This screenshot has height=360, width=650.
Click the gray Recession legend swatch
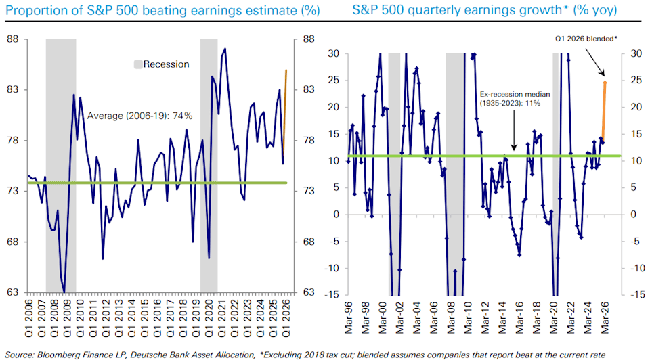pos(138,64)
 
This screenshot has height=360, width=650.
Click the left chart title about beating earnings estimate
pos(162,10)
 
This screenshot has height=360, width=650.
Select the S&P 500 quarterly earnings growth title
pos(485,10)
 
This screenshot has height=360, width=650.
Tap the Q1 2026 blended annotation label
pos(586,39)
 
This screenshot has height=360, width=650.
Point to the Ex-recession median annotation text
pos(515,99)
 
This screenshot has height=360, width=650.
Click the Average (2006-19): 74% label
pos(139,116)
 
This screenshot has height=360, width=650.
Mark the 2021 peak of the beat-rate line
pos(225,49)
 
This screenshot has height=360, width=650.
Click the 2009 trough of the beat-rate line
pos(64,292)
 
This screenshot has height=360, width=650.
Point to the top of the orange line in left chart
pos(286,70)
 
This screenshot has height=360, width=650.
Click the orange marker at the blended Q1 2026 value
pos(605,83)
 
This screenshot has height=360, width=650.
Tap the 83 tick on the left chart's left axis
pos(13,89)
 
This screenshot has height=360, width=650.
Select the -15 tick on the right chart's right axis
pos(637,294)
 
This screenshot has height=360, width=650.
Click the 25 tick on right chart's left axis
pos(333,81)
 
